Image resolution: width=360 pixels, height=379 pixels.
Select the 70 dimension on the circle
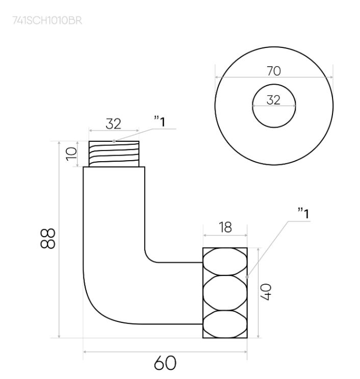click(274, 71)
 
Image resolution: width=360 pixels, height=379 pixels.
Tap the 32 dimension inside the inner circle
click(274, 100)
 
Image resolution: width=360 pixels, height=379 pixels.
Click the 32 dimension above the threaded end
click(113, 124)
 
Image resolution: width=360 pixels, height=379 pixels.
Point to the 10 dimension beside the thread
click(71, 154)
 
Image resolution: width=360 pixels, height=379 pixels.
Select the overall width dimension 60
click(165, 363)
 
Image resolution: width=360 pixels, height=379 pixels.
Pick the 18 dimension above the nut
click(224, 227)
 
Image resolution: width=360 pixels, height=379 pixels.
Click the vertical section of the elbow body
click(114, 214)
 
